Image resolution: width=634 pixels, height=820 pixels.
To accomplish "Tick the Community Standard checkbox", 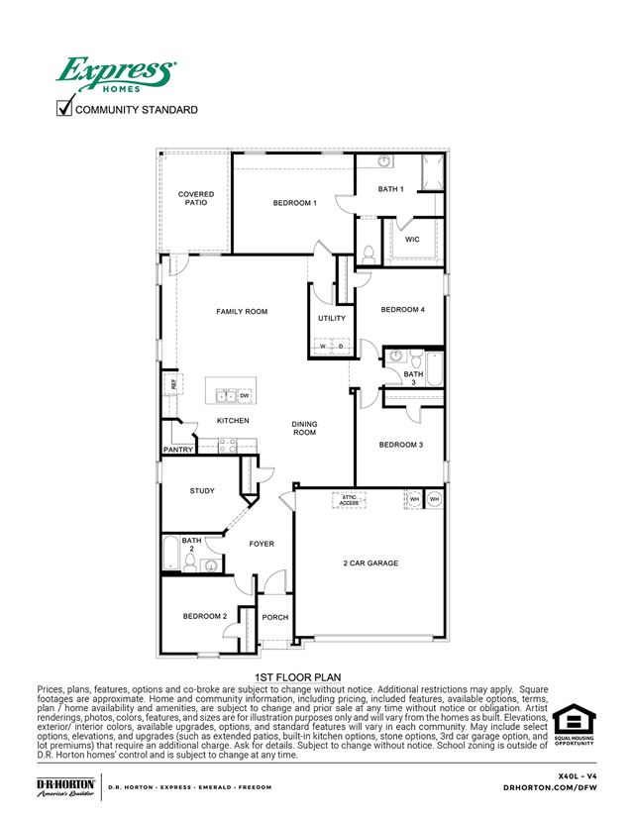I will [67, 109].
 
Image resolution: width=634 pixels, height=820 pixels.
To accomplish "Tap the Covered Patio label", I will [196, 199].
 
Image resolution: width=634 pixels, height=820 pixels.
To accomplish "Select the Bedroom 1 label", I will [294, 203].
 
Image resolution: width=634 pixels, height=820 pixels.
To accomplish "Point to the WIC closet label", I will [412, 239].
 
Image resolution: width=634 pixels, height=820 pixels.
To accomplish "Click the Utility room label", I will [332, 319].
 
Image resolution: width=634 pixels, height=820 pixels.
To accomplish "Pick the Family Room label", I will [242, 312].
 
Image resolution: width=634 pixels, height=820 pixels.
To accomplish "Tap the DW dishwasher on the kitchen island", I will [244, 396].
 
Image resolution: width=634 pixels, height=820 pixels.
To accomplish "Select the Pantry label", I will [177, 450].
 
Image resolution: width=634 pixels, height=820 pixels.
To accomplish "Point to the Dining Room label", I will [304, 429].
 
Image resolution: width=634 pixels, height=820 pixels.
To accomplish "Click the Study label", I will [202, 490].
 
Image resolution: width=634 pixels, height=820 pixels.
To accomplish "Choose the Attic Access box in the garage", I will [350, 500].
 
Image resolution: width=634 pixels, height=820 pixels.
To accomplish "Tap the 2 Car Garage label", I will [370, 564].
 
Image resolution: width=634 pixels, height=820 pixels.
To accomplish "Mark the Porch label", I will [274, 617].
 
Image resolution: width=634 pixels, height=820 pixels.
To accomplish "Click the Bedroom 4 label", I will [402, 310].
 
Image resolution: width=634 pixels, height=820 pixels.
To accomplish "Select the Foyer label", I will [262, 544].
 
